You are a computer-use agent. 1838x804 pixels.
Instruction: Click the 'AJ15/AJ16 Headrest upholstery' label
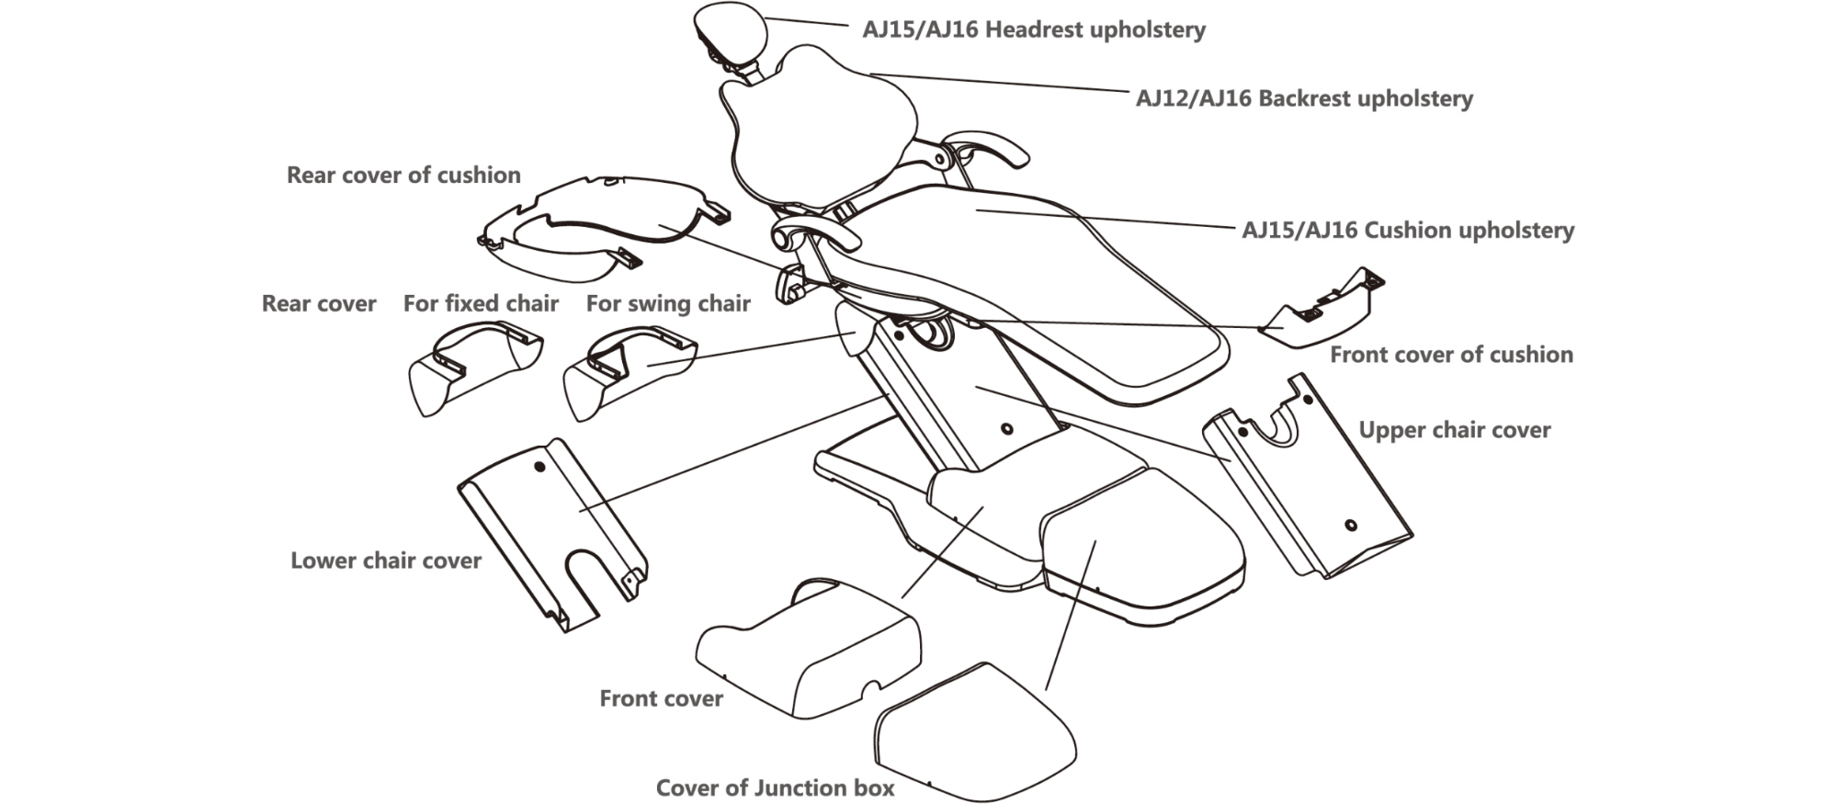coord(1033,30)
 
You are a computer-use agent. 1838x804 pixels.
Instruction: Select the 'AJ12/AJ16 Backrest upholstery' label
coord(1304,98)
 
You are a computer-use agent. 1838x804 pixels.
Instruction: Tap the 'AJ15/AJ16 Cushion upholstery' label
coord(1408,230)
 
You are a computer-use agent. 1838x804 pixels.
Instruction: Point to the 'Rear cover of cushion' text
coord(403,175)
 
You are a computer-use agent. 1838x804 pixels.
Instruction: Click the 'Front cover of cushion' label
coord(1451,355)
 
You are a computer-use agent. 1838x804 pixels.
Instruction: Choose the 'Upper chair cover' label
coord(1454,430)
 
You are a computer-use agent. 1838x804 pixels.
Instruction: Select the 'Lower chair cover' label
coord(386,561)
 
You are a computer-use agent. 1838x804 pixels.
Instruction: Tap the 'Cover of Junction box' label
coord(775,787)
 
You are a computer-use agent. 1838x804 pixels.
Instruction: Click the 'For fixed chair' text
coord(481,303)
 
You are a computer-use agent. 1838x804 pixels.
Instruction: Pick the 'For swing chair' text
coord(668,303)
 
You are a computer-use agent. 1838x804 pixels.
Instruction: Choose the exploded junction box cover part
coord(974,735)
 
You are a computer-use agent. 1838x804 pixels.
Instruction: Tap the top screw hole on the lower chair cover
coord(539,467)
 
